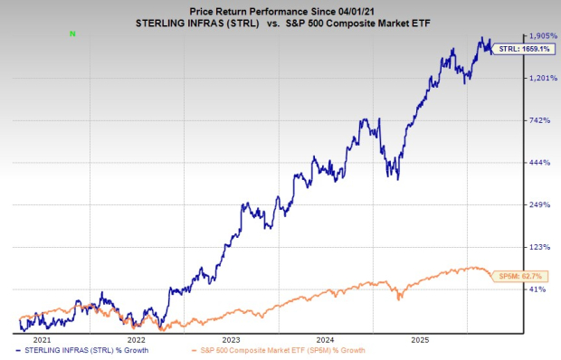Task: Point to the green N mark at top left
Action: tap(73, 33)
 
